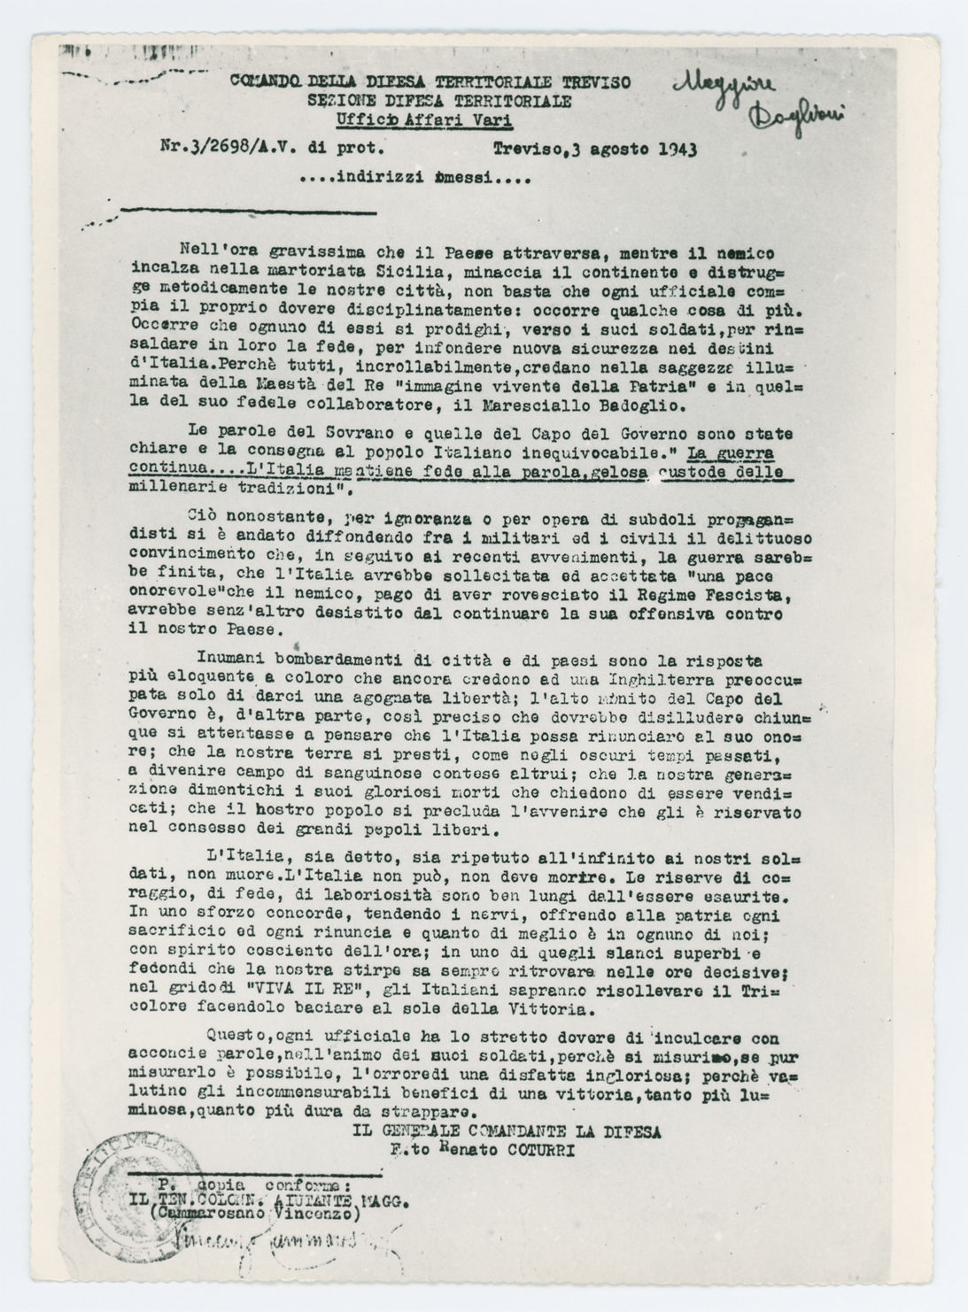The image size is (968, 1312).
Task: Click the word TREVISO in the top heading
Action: click(x=595, y=82)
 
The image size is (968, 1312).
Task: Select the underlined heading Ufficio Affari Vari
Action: click(x=424, y=121)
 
